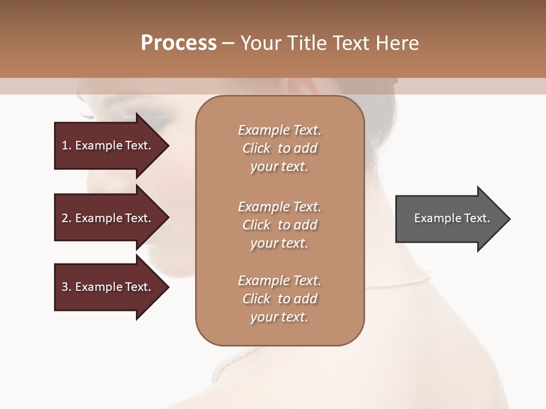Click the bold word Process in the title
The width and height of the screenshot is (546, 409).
179,43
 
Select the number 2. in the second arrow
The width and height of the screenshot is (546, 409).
67,218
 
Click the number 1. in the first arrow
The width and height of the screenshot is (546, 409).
67,145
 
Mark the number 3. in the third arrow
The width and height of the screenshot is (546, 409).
67,287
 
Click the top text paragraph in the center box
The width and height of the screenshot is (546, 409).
279,148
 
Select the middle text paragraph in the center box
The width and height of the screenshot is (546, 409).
279,225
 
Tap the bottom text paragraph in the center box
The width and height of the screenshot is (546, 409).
279,299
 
